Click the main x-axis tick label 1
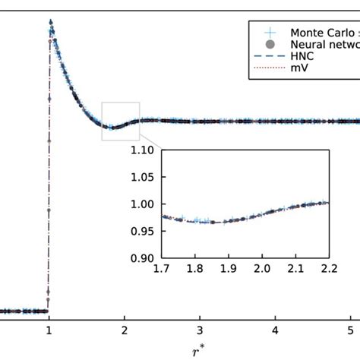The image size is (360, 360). pos(49,330)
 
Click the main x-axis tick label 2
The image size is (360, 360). pos(125,330)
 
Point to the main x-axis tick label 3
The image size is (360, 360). pos(200,330)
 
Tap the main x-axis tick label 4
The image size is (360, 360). pos(275,330)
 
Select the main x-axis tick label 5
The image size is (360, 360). pos(350,330)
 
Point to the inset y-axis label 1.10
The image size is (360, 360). pos(141,150)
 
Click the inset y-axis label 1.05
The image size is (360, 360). pos(141,177)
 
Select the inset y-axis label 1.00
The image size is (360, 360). pos(141,204)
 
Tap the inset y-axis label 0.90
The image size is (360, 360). pos(141,258)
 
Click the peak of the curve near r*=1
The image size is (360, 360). pos(50,24)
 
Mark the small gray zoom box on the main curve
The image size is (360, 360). pos(121,121)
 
